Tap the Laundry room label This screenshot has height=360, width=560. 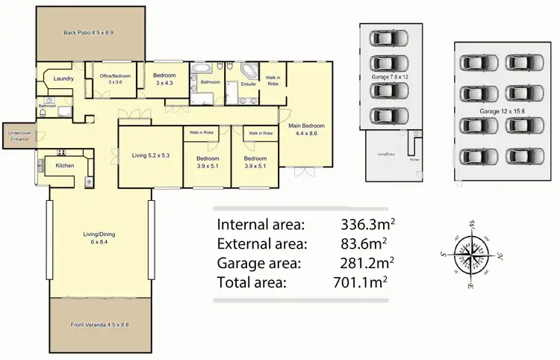click(63, 78)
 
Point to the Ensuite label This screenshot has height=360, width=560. click(248, 84)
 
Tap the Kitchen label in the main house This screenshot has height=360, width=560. click(65, 165)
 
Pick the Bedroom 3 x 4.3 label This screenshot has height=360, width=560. click(164, 78)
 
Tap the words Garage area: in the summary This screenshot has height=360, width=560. click(258, 263)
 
